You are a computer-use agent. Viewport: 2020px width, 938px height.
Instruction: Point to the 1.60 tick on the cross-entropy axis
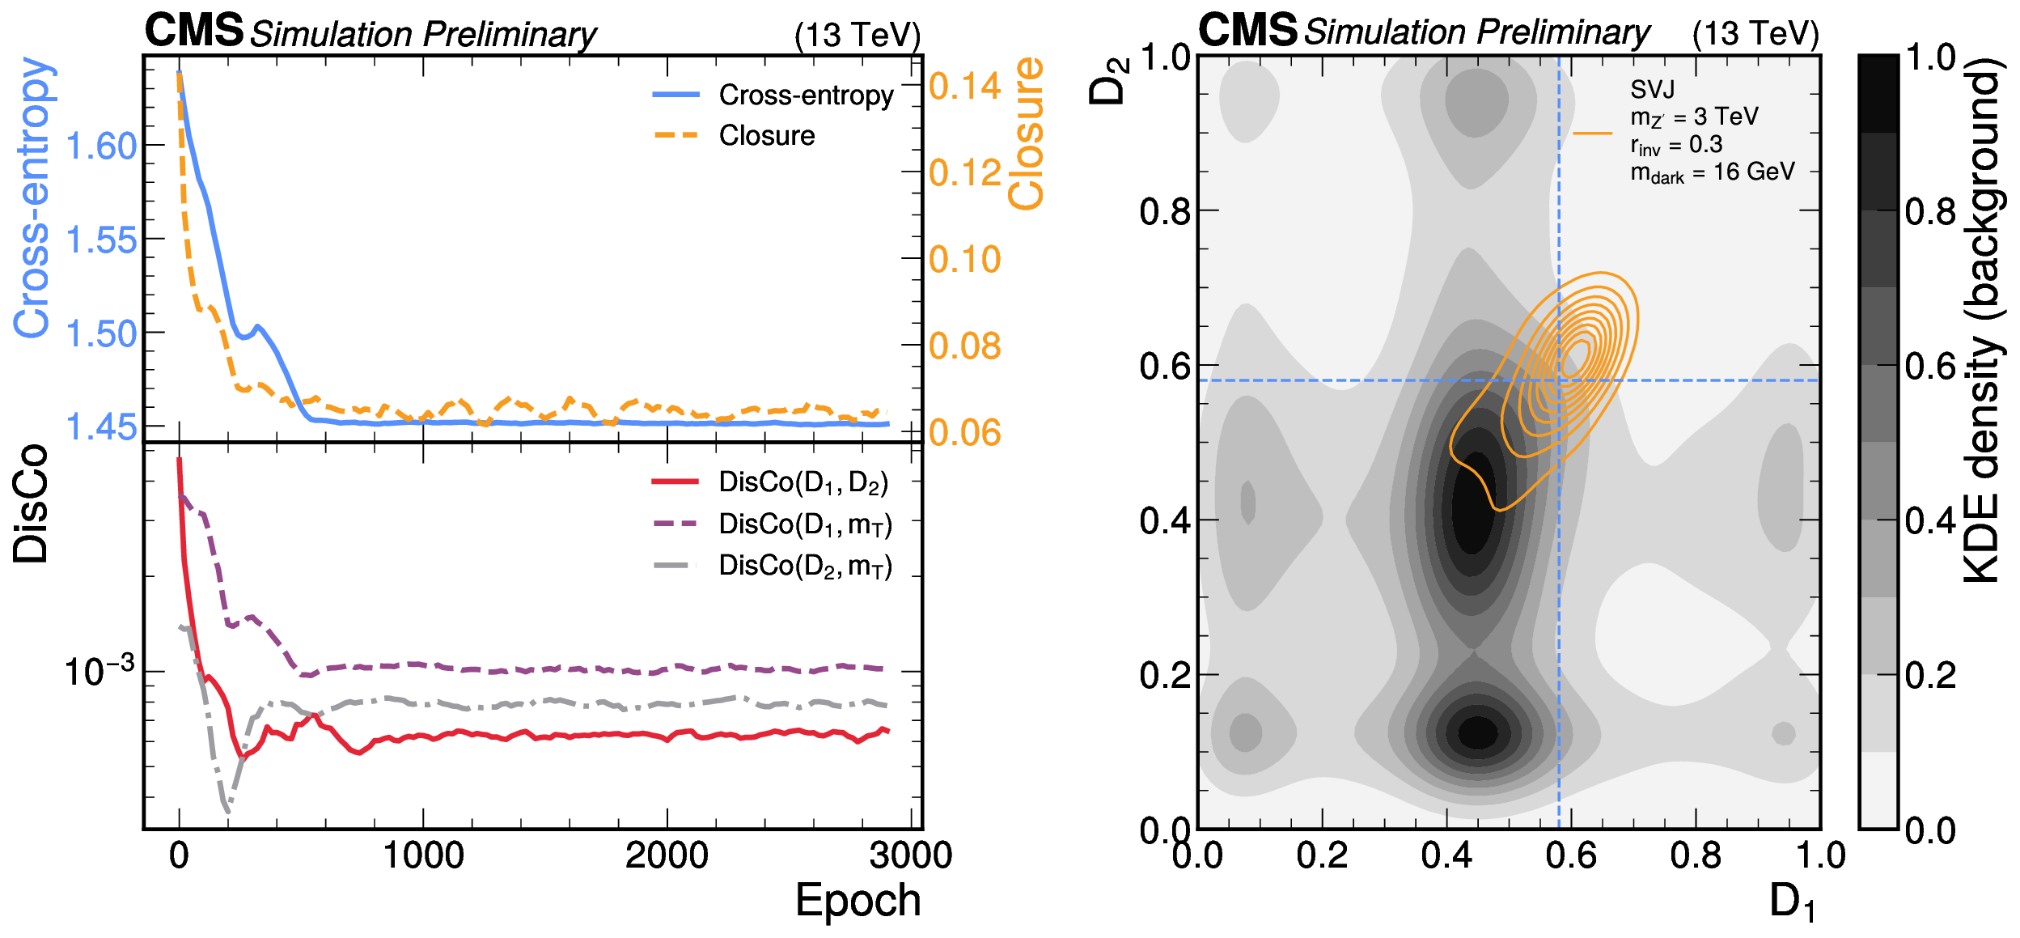coord(101,146)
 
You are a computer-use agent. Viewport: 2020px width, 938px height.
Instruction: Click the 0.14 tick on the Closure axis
coord(964,87)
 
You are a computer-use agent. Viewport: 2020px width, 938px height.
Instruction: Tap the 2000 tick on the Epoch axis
coord(667,855)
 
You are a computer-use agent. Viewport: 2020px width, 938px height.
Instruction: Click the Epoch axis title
coord(858,900)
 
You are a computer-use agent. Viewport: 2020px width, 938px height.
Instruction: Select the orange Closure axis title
coord(1026,134)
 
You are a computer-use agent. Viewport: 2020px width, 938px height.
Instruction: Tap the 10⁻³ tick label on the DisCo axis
coord(99,671)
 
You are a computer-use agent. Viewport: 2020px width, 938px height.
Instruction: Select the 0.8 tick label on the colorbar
coord(1930,212)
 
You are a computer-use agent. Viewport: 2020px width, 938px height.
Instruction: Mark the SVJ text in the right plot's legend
coord(1652,89)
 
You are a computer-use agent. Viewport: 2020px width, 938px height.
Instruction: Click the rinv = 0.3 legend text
coord(1676,145)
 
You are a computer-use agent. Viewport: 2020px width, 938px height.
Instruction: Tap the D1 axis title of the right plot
coord(1792,902)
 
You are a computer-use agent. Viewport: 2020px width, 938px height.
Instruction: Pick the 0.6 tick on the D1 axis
coord(1571,855)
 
